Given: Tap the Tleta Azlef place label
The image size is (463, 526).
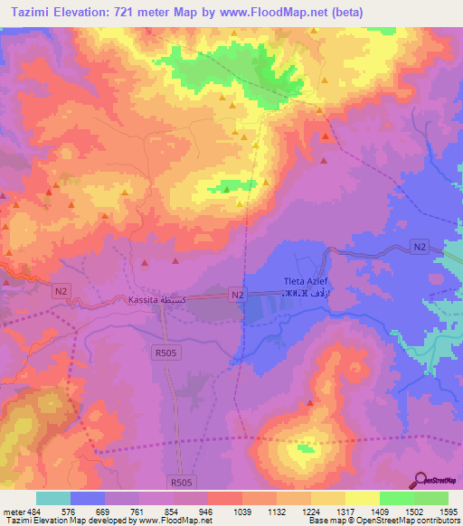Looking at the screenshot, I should click(x=303, y=281).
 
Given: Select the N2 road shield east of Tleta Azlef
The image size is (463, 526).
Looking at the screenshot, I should click(x=418, y=246).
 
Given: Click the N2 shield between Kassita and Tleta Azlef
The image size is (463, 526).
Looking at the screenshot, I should click(x=237, y=295).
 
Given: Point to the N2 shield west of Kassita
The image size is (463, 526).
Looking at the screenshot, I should click(x=61, y=289).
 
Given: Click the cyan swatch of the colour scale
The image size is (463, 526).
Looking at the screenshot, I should click(x=53, y=498).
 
